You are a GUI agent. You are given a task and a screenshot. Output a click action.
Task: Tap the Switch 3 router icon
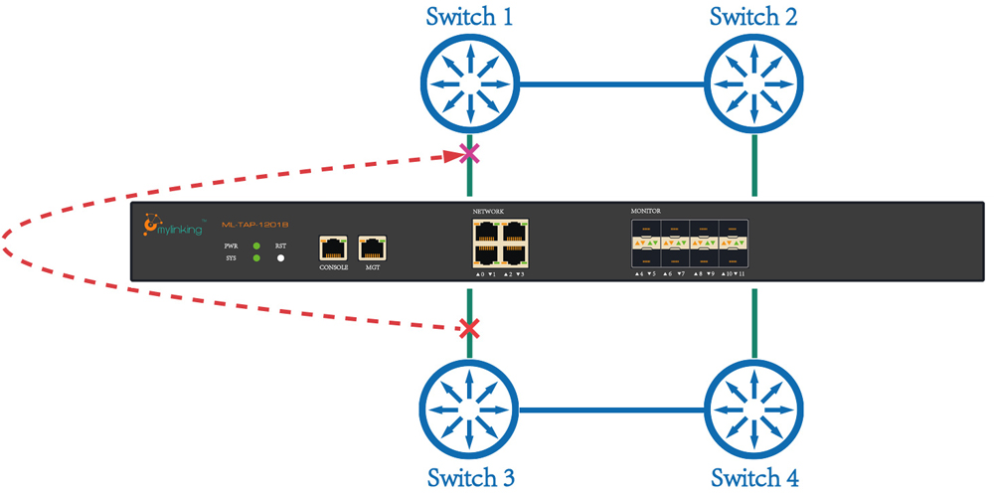(469, 409)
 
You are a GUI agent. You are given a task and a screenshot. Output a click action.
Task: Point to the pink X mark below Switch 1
(469, 154)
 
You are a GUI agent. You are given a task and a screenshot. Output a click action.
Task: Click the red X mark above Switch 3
(469, 329)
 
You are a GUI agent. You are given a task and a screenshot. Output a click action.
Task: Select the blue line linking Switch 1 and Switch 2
(611, 84)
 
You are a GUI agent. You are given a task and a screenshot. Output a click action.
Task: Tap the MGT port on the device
(372, 249)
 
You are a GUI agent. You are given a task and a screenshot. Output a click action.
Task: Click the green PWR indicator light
(257, 246)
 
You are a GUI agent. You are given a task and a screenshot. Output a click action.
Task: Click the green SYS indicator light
(257, 258)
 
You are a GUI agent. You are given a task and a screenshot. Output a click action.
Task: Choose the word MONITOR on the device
(646, 211)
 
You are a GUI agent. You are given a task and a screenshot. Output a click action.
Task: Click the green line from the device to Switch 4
(754, 324)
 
